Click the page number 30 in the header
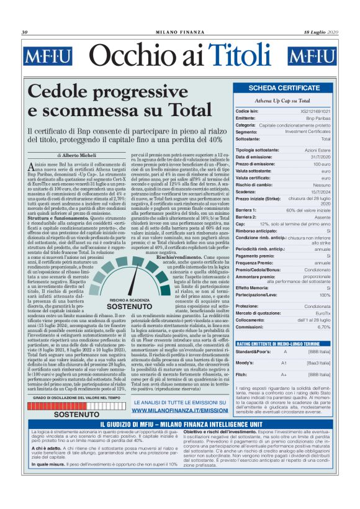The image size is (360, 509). coord(25,32)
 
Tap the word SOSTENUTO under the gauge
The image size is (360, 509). coord(130,306)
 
